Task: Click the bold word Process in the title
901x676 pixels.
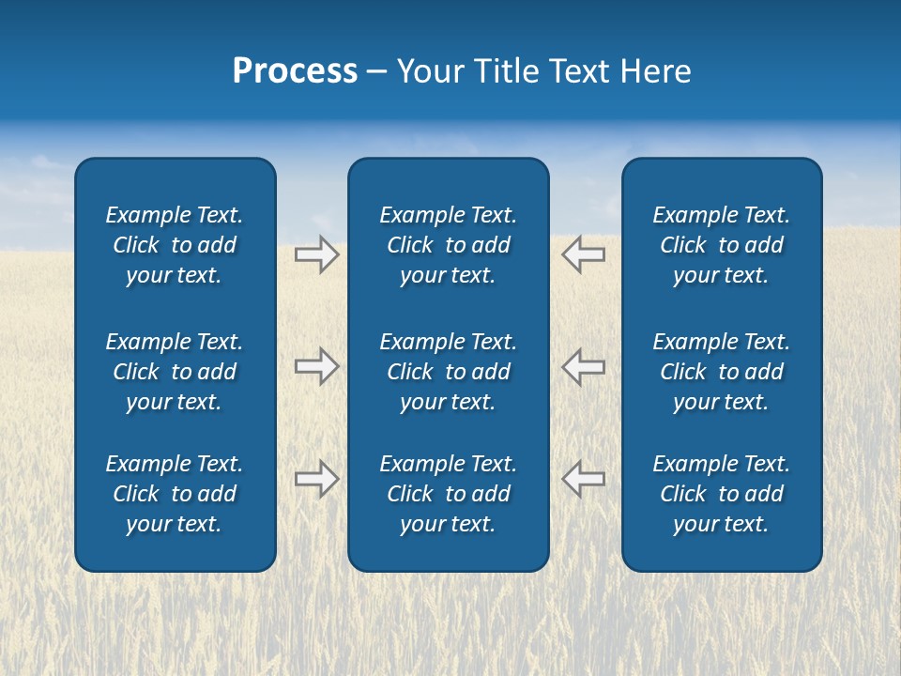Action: (295, 71)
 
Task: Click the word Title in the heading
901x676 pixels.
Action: (503, 71)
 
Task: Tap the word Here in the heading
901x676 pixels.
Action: (656, 71)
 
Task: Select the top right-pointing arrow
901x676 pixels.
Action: (316, 254)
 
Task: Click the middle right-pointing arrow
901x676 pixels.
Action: (316, 366)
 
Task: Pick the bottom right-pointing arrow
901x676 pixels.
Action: (316, 479)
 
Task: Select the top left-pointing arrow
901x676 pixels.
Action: (584, 254)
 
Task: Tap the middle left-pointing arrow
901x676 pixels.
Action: (584, 366)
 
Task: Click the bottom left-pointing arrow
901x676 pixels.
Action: (584, 479)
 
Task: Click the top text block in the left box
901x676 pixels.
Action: (175, 245)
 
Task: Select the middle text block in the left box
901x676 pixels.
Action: (175, 372)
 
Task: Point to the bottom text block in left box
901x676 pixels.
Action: (175, 494)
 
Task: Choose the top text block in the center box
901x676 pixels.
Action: (448, 245)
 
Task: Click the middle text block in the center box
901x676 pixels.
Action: (448, 372)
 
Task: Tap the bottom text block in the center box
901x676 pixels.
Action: (448, 494)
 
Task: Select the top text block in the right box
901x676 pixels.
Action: (721, 245)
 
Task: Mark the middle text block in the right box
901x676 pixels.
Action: (721, 372)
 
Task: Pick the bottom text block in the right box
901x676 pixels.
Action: (721, 494)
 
